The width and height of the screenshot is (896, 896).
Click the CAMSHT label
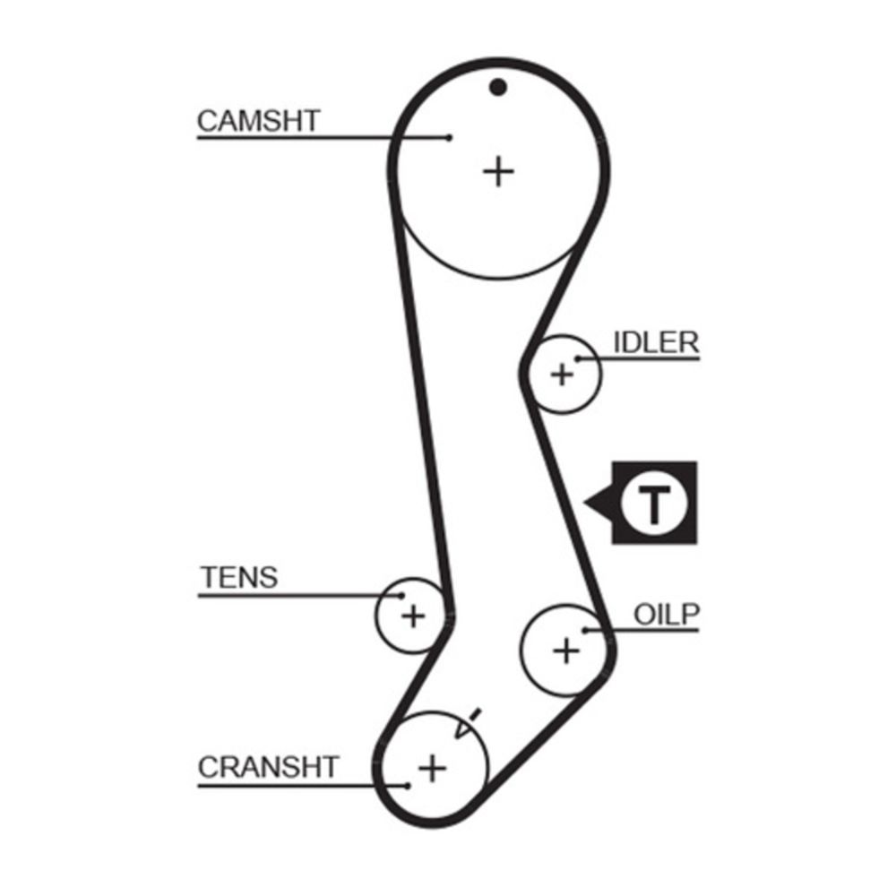click(x=258, y=121)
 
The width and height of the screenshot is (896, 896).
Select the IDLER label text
click(x=655, y=342)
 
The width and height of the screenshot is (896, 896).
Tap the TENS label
click(x=238, y=578)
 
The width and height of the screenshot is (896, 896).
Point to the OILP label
click(x=666, y=615)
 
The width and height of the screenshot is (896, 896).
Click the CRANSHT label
click(x=269, y=767)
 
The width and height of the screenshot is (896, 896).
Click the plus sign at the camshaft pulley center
click(x=498, y=170)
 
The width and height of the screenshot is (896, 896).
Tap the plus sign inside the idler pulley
click(x=562, y=373)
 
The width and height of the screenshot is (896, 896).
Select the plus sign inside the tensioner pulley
click(x=412, y=616)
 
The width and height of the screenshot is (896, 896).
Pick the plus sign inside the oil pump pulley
click(x=565, y=650)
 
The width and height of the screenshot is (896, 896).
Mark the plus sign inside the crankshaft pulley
click(x=433, y=767)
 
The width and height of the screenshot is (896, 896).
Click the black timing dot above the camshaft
click(x=498, y=88)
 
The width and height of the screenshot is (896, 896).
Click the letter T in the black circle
click(x=655, y=504)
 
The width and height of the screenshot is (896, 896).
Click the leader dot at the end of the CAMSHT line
click(x=449, y=137)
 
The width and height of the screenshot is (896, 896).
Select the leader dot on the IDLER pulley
click(x=579, y=358)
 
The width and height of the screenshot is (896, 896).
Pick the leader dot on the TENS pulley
click(x=401, y=595)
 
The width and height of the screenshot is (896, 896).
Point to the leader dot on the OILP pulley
click(x=585, y=630)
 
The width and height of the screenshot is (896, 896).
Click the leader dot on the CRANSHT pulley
click(x=408, y=786)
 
